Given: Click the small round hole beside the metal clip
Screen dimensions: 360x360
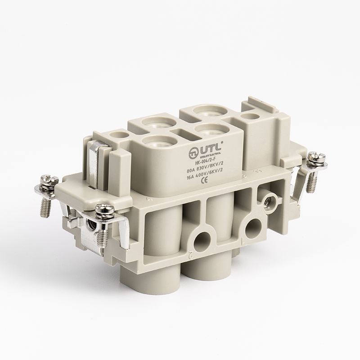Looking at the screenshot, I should click(x=118, y=134).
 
